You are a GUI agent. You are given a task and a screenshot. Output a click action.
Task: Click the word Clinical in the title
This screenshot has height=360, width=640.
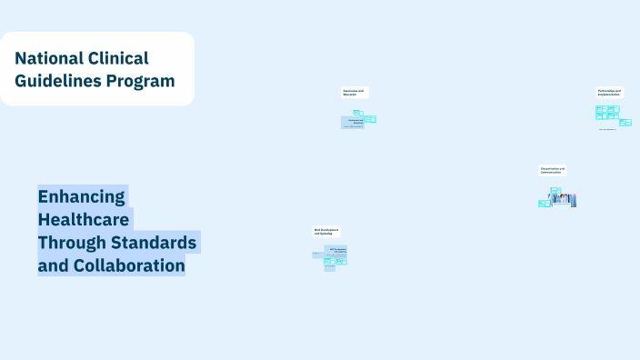pyautogui.click(x=120, y=58)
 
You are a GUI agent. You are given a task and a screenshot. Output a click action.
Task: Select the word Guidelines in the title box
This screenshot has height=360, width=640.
pyautogui.click(x=57, y=81)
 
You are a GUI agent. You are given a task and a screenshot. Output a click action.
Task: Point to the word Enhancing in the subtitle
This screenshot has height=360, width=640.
pyautogui.click(x=82, y=196)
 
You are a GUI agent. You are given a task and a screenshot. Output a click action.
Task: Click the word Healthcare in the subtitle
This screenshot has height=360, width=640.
pyautogui.click(x=85, y=219)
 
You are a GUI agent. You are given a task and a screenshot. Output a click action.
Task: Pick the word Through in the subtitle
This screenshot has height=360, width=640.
pyautogui.click(x=71, y=243)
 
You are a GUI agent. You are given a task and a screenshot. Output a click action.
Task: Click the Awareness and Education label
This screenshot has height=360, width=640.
pyautogui.click(x=355, y=93)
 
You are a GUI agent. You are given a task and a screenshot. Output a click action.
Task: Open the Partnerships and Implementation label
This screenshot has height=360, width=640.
pyautogui.click(x=610, y=93)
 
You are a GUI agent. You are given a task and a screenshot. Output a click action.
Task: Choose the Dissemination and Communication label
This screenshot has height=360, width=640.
pyautogui.click(x=552, y=170)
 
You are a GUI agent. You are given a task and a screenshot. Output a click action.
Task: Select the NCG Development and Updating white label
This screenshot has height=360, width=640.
pyautogui.click(x=326, y=232)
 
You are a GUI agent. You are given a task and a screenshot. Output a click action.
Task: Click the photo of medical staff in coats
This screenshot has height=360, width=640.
pyautogui.click(x=562, y=199)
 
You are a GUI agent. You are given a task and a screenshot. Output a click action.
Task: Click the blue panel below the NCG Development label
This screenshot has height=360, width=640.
pyautogui.click(x=335, y=251)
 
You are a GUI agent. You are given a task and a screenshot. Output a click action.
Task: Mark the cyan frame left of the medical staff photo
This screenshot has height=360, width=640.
pyautogui.click(x=543, y=204)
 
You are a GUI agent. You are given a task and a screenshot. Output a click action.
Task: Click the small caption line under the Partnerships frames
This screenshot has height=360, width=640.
pyautogui.click(x=607, y=129)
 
